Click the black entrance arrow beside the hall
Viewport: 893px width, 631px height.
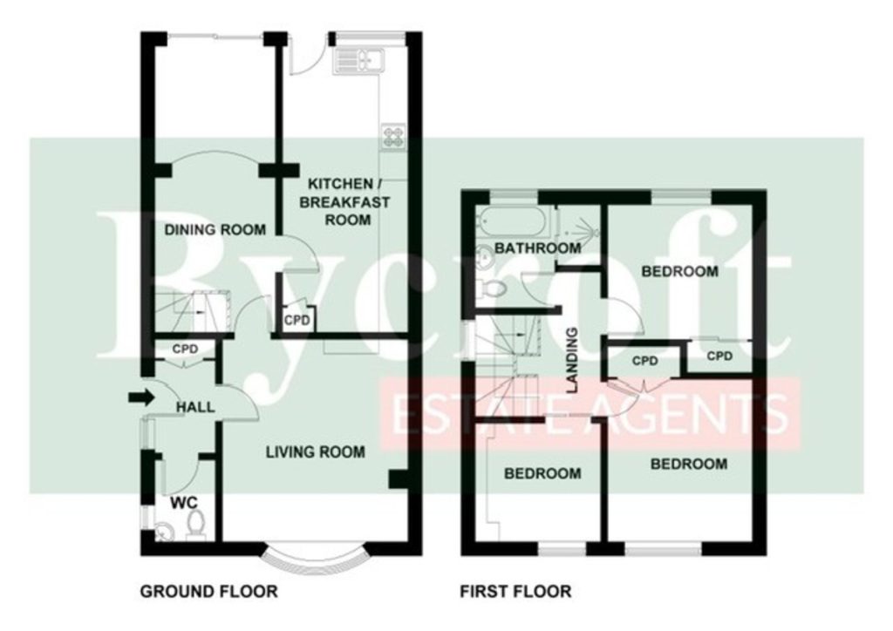pyautogui.click(x=141, y=397)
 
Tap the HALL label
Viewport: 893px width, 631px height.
pyautogui.click(x=195, y=407)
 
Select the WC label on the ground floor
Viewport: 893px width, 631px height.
pyautogui.click(x=184, y=503)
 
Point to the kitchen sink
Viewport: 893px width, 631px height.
pyautogui.click(x=360, y=58)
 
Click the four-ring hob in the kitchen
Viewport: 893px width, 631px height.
pyautogui.click(x=393, y=137)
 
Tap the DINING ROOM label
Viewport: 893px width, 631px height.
pyautogui.click(x=215, y=230)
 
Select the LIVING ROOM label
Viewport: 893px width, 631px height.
pyautogui.click(x=316, y=452)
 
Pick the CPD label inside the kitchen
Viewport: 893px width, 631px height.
pyautogui.click(x=297, y=321)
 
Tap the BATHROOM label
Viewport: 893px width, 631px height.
pyautogui.click(x=537, y=248)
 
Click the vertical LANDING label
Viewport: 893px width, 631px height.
pyautogui.click(x=572, y=361)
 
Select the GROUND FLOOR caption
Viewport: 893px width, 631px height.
pyautogui.click(x=209, y=592)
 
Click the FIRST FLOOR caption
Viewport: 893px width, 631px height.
pyautogui.click(x=516, y=592)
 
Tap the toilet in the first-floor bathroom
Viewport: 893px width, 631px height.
pyautogui.click(x=492, y=288)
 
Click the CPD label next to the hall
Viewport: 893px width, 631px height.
pyautogui.click(x=185, y=349)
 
